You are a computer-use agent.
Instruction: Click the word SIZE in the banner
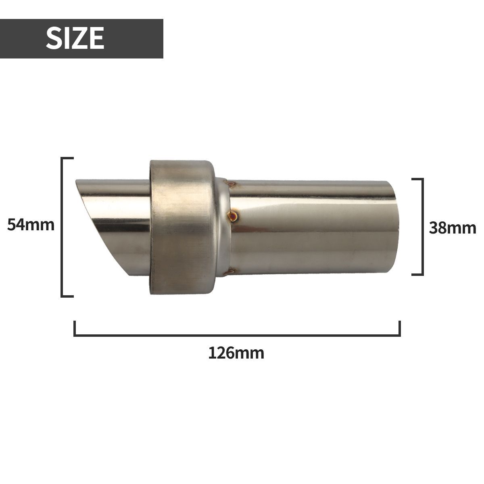tap(75, 39)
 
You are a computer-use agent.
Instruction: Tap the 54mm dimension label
tap(31, 225)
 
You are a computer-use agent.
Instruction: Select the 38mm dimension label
tap(452, 228)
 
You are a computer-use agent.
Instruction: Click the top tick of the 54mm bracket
tap(68, 158)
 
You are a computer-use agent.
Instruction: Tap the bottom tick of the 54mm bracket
tap(68, 296)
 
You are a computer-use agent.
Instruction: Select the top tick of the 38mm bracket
tap(417, 179)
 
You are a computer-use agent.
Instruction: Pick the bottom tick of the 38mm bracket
tap(417, 274)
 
